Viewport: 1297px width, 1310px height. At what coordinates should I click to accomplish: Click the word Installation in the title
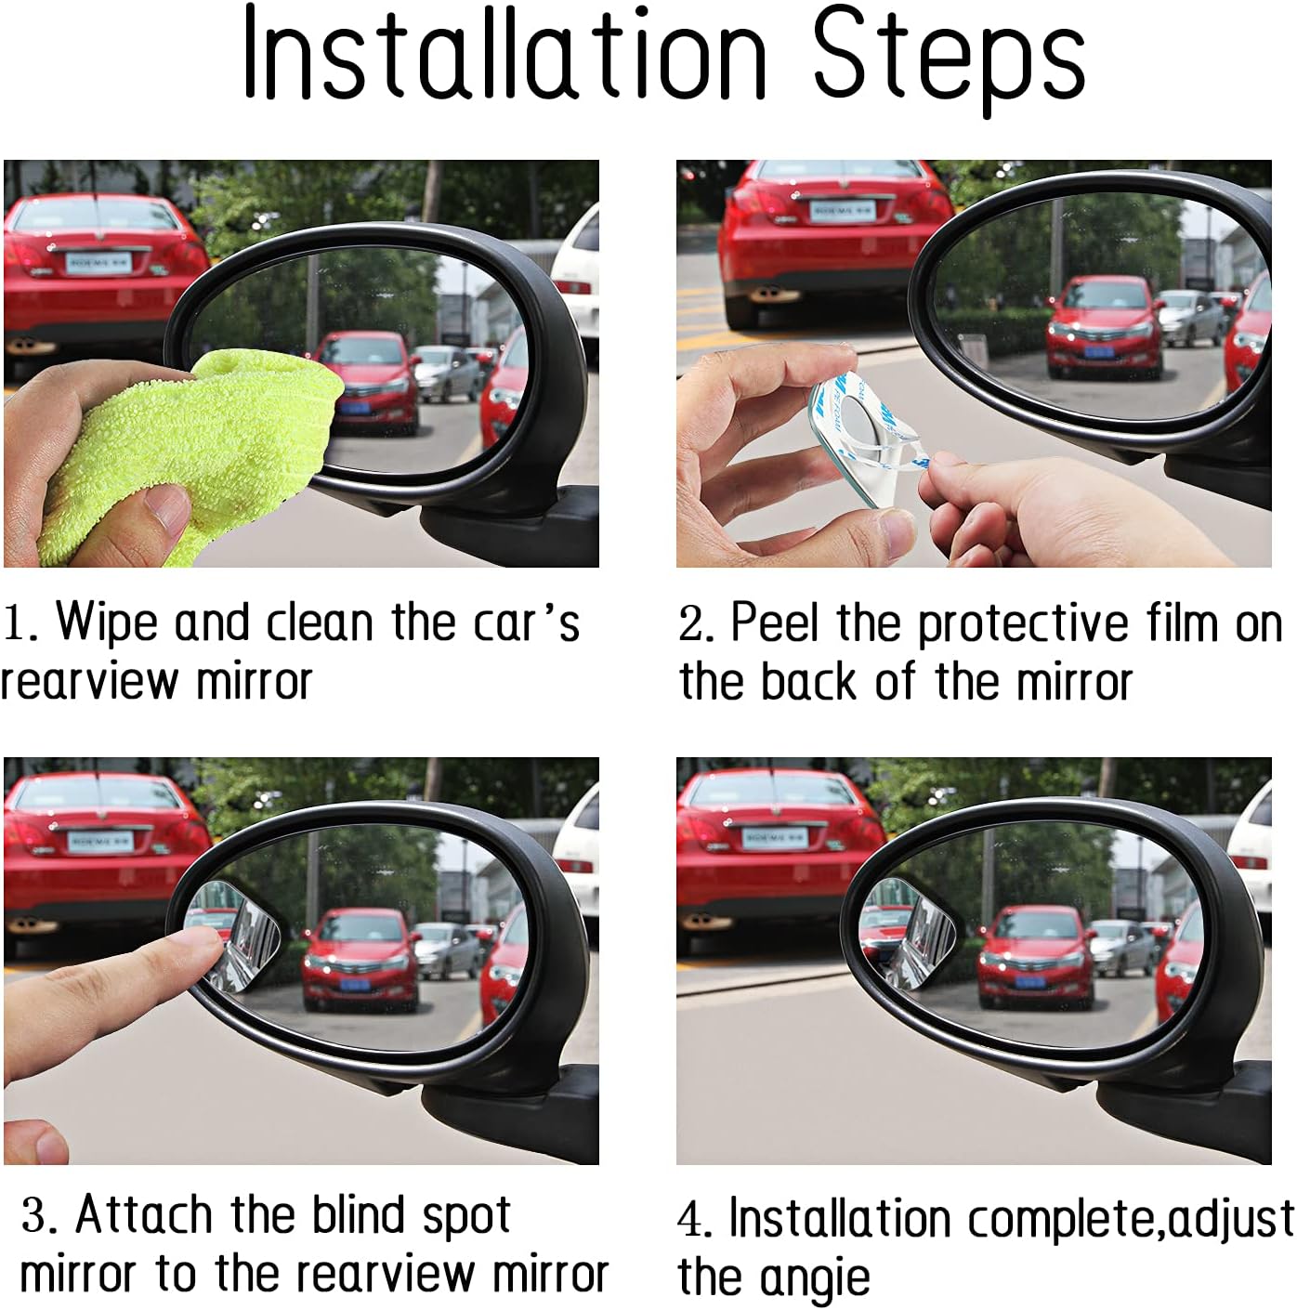coord(504,54)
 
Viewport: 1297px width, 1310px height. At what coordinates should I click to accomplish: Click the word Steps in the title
coord(949,61)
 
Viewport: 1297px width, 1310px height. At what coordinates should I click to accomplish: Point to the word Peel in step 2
coord(774,622)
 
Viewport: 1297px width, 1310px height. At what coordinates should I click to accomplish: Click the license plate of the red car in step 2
coord(842,211)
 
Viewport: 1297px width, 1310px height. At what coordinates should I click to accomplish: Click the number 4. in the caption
coord(695,1219)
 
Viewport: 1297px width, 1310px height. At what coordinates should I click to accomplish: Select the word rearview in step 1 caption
coord(88,681)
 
